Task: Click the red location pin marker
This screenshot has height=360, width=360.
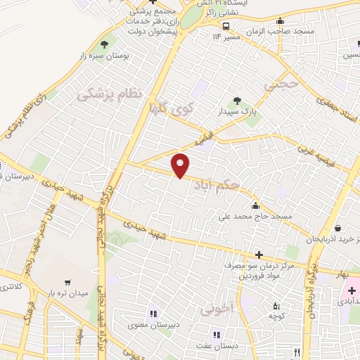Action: click(181, 165)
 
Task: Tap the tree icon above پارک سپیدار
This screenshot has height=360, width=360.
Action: click(237, 101)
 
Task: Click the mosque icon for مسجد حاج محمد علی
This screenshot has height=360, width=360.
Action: click(255, 206)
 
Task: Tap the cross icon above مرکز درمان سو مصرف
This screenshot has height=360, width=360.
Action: click(259, 254)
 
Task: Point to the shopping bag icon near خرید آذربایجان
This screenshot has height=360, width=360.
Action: click(340, 228)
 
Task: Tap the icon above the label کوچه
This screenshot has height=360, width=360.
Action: click(276, 306)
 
